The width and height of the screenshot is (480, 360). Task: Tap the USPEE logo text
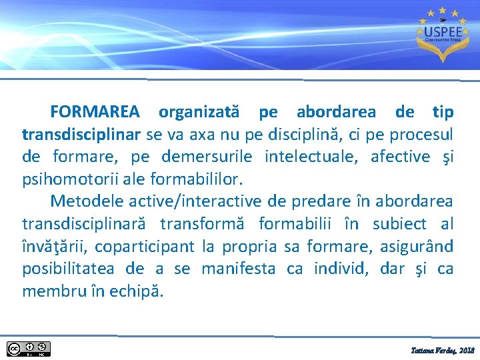pos(437,31)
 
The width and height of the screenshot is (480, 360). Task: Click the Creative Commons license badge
pos(29,348)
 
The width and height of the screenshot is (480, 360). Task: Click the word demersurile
pos(211,157)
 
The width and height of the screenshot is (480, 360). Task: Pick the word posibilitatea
pos(69,269)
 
